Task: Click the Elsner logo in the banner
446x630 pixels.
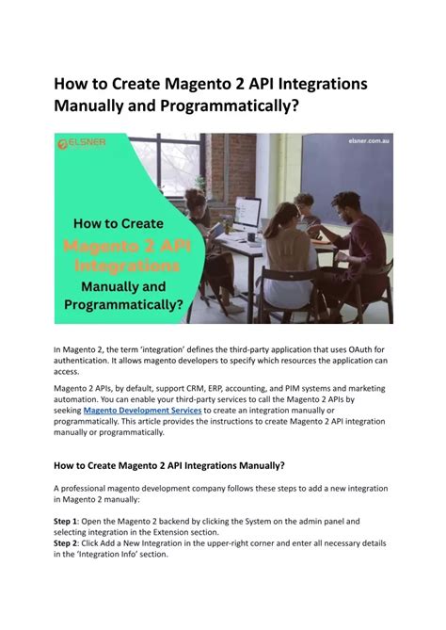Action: pos(82,143)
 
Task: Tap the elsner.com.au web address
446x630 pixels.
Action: pos(369,141)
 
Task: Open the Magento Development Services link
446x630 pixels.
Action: pos(142,411)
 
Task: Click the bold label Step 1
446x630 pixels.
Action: pos(65,522)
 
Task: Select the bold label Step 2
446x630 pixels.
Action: pos(65,543)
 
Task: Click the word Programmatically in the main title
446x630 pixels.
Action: pos(230,106)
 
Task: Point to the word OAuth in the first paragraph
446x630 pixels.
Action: pos(361,349)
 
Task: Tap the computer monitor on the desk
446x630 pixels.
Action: pos(247,214)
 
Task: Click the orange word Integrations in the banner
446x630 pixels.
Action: pos(127,266)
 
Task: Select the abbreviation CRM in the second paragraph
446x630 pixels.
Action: pos(196,389)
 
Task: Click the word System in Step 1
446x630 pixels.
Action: pos(258,522)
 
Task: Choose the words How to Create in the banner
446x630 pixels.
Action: pos(119,223)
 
